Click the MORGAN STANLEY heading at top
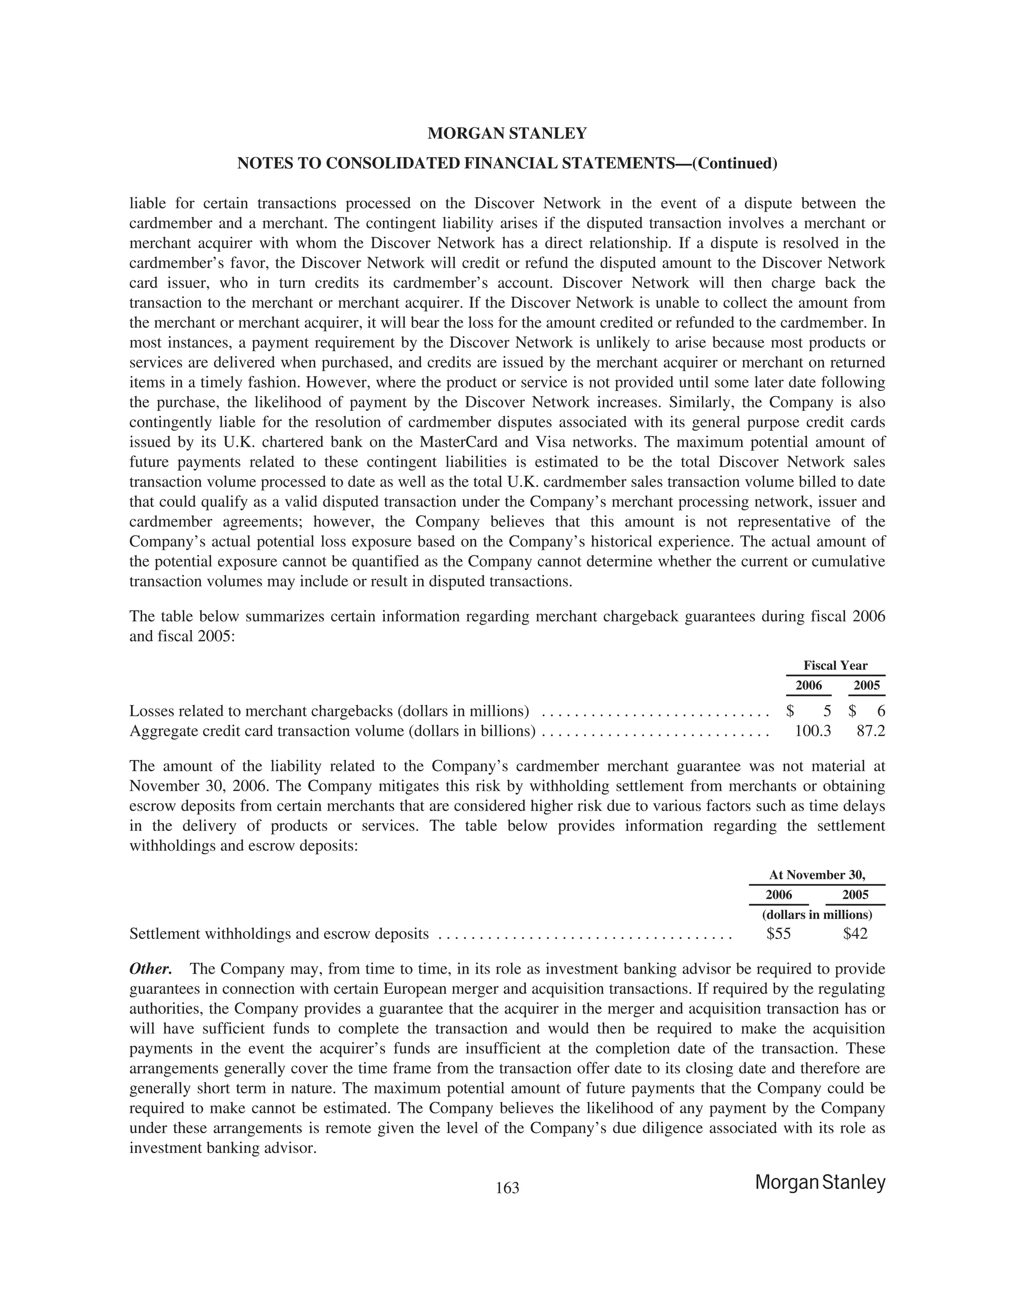(x=507, y=133)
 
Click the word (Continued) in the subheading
(x=735, y=164)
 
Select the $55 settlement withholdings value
(x=779, y=933)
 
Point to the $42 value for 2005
(x=855, y=933)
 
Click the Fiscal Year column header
(x=835, y=665)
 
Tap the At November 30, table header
(x=817, y=875)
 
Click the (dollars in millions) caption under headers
(x=817, y=915)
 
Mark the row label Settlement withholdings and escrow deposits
(x=279, y=933)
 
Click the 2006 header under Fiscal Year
(x=808, y=685)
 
